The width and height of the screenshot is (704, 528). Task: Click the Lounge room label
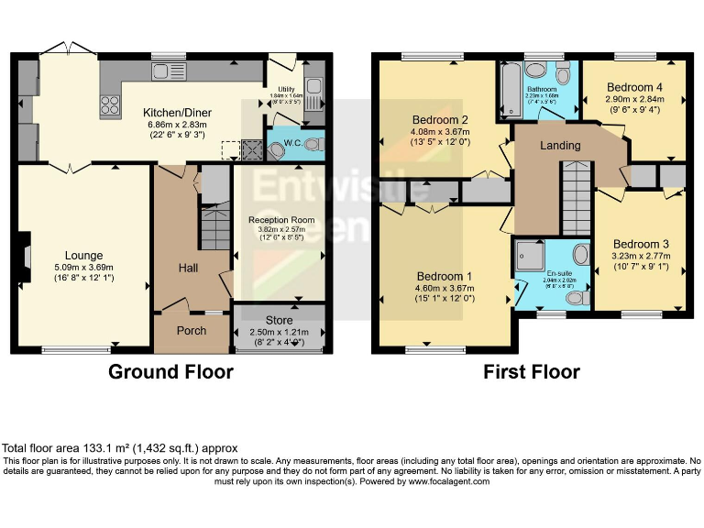click(x=83, y=255)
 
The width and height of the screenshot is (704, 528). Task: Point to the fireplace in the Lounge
click(x=26, y=253)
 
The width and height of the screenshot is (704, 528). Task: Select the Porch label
click(x=192, y=331)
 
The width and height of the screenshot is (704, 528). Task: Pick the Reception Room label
click(x=281, y=220)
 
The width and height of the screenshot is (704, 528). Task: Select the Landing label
click(x=559, y=146)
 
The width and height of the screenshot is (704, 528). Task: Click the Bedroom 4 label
click(x=634, y=88)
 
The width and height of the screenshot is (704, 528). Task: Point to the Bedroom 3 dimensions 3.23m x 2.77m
click(x=639, y=257)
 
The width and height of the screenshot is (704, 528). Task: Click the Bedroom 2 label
click(x=440, y=120)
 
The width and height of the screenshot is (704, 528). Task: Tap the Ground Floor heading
click(x=170, y=372)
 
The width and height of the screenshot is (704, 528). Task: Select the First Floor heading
click(x=532, y=372)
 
